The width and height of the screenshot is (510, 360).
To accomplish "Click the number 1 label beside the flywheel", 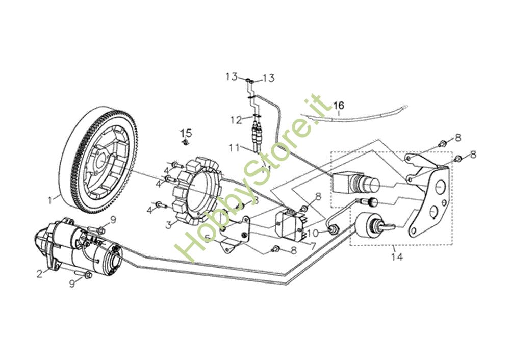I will coord(50,200).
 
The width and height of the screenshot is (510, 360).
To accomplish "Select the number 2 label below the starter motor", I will coord(39,274).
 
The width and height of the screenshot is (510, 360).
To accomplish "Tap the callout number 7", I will coord(314,246).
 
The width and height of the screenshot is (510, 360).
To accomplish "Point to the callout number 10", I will coord(312,233).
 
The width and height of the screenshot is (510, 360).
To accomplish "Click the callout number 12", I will coord(236,120).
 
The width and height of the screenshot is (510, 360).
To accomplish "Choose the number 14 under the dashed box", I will coord(397,257).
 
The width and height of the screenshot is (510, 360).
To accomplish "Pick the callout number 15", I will coord(186,133).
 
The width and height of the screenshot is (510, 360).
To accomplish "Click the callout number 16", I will coord(339,106).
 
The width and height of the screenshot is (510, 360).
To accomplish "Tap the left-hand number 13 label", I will coord(232,77).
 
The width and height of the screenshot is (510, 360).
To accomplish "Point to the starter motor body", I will coord(82,247).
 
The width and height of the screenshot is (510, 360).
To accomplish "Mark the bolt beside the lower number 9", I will coord(88,275).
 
